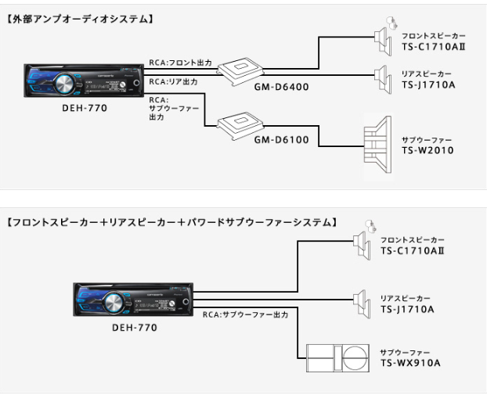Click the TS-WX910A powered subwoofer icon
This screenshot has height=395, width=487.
(337, 358)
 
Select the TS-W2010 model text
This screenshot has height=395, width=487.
(427, 149)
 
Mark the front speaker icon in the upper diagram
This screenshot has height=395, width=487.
(383, 34)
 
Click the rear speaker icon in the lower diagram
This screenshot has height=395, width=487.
(361, 300)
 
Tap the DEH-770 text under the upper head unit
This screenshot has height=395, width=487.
(85, 107)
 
